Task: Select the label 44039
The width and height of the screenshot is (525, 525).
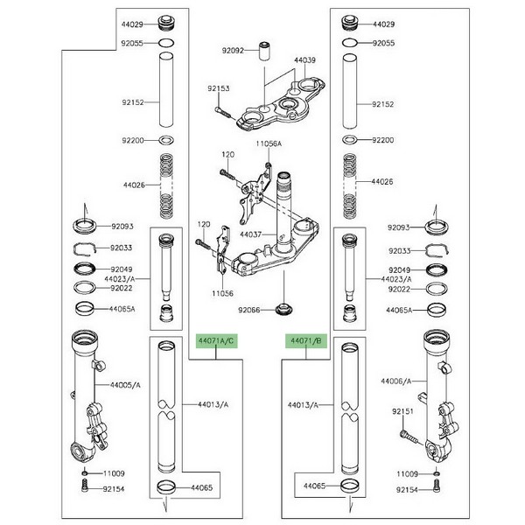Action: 304,61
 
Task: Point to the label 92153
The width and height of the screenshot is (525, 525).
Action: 218,88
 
